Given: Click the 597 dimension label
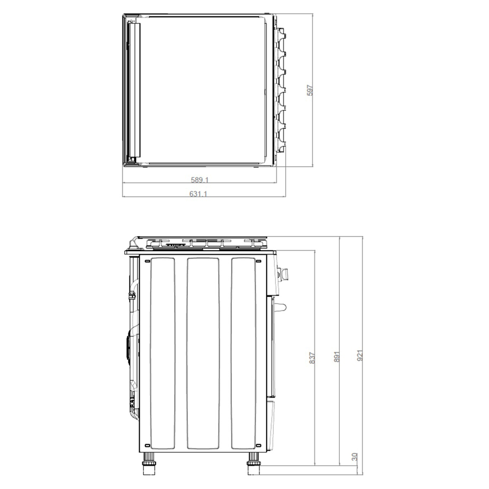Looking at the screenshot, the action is pyautogui.click(x=310, y=90).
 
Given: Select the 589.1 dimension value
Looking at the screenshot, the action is pyautogui.click(x=200, y=180).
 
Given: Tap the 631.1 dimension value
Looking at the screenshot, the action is pyautogui.click(x=199, y=194).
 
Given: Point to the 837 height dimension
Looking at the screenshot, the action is pyautogui.click(x=312, y=358).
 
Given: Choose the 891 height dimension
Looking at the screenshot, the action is pyautogui.click(x=337, y=356).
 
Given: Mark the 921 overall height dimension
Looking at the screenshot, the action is pyautogui.click(x=360, y=356).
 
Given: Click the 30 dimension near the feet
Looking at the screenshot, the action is pyautogui.click(x=354, y=457).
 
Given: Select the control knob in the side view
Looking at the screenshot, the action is pyautogui.click(x=284, y=273).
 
